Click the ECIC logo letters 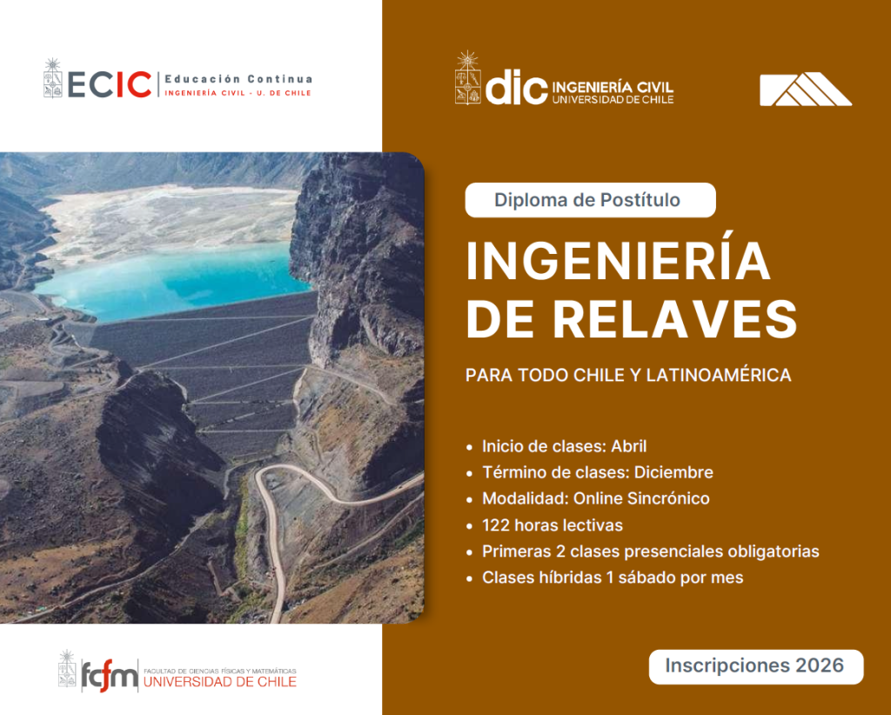click(x=110, y=84)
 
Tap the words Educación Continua click(x=238, y=79)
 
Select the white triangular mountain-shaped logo click(x=806, y=90)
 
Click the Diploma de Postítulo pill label click(x=590, y=200)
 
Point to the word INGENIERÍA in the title click(x=619, y=261)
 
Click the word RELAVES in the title click(x=675, y=319)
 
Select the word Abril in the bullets click(x=628, y=446)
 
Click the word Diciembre click(x=673, y=472)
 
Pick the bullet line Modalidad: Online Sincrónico click(x=595, y=498)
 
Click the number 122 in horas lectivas click(x=495, y=525)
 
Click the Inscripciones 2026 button click(x=756, y=666)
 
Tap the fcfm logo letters click(x=110, y=675)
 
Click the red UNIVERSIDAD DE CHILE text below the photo click(x=220, y=681)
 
